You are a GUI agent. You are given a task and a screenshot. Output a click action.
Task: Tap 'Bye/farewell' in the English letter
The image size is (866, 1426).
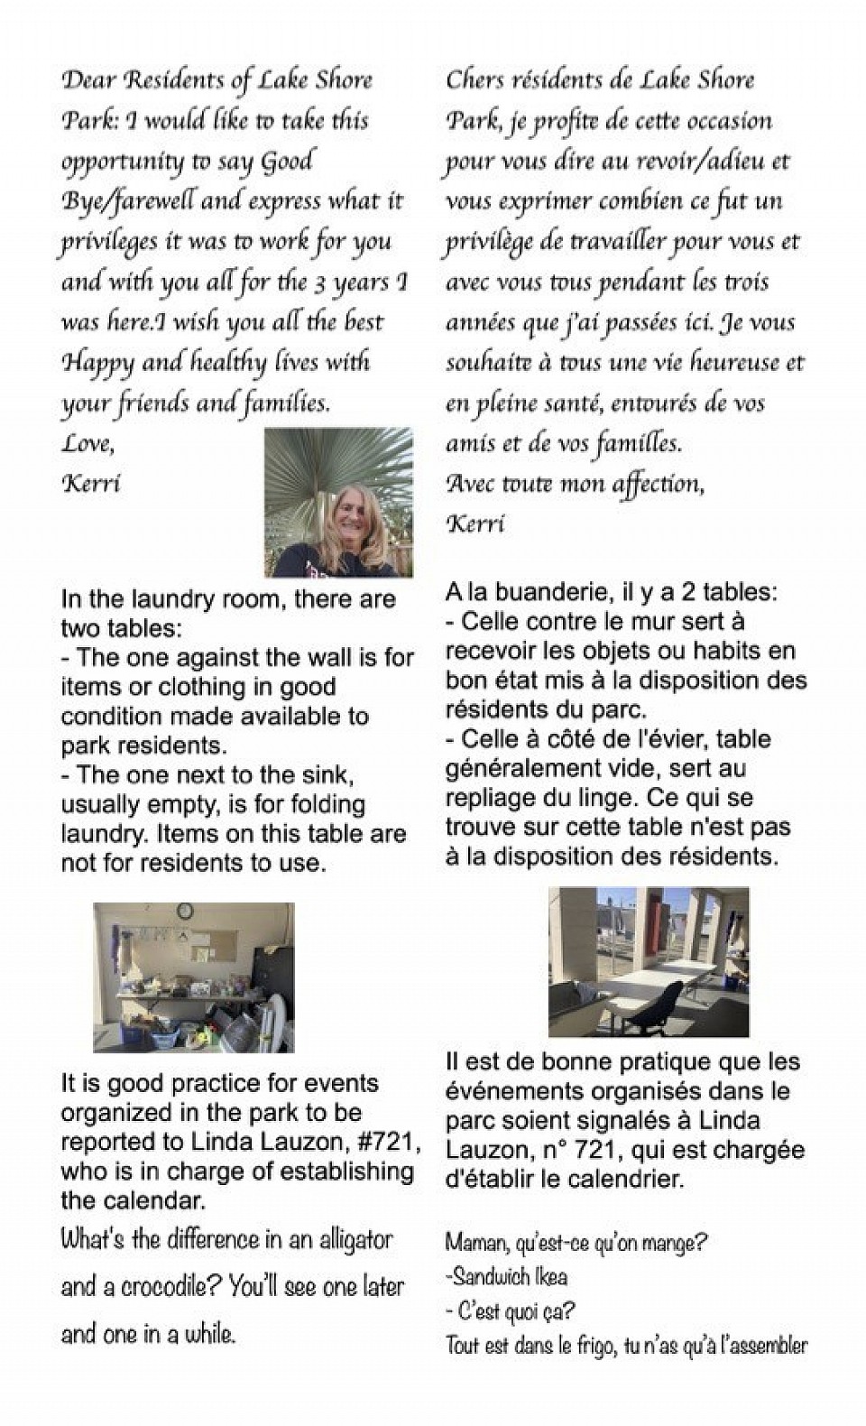tap(127, 201)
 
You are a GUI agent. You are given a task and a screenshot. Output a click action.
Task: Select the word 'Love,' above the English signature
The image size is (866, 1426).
tap(88, 443)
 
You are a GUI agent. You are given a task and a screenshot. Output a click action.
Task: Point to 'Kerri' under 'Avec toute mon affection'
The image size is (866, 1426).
tap(475, 523)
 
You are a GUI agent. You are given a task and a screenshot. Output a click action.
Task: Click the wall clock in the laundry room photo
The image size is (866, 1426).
tap(185, 912)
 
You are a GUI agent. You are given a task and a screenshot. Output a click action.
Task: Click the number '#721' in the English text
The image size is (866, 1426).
tap(387, 1142)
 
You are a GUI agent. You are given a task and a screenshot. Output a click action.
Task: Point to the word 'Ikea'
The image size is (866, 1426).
tap(550, 1276)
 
